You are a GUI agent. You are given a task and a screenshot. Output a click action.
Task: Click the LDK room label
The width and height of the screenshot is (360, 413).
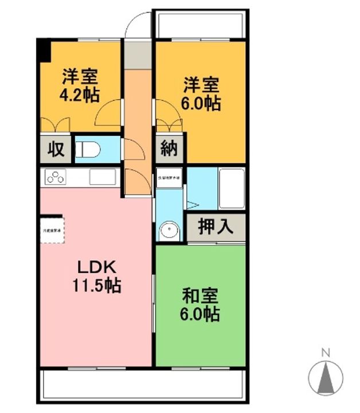click(x=97, y=267)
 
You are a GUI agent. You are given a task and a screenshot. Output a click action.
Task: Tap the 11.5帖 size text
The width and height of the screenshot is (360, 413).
click(x=97, y=285)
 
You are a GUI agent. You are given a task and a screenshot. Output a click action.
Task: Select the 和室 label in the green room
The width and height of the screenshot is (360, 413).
click(x=200, y=297)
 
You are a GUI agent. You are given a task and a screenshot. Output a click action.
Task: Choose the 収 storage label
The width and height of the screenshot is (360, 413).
click(x=55, y=150)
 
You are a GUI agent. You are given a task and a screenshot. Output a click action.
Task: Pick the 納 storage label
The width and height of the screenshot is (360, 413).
click(x=169, y=150)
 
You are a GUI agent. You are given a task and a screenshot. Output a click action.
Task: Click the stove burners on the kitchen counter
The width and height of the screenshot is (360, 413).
click(x=56, y=177)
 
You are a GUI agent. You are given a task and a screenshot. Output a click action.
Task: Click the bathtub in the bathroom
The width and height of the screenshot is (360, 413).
click(x=232, y=190)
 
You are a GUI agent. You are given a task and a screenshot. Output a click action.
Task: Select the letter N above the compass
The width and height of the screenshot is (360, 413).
click(x=324, y=352)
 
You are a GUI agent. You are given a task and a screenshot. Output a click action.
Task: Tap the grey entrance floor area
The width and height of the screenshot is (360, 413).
click(x=138, y=54)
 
